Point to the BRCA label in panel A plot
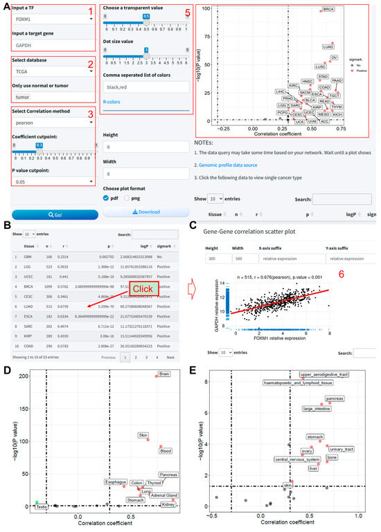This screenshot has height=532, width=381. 328,10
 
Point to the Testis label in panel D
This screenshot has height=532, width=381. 42,507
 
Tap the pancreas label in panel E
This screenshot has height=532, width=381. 333,399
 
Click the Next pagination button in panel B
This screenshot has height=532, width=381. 170,357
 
